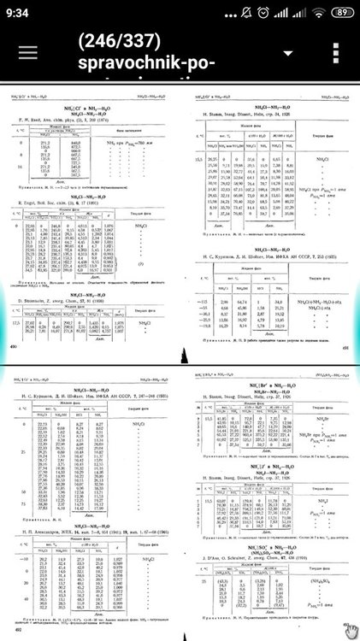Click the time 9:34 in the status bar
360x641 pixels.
pos(19,12)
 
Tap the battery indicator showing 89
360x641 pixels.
pos(339,12)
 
